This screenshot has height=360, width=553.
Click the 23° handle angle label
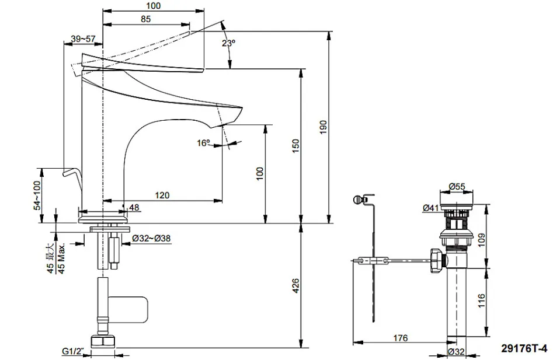click(x=228, y=43)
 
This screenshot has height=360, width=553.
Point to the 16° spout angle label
click(x=203, y=143)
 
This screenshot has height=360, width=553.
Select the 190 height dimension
click(x=324, y=127)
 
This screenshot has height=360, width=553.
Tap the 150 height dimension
click(x=295, y=146)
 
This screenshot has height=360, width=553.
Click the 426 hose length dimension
click(x=295, y=286)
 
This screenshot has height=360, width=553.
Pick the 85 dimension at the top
click(x=145, y=19)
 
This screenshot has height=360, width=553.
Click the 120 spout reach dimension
click(x=162, y=195)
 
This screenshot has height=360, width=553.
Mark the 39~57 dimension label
click(x=83, y=39)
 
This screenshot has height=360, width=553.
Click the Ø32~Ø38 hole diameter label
click(x=151, y=239)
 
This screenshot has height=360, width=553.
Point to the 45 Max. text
click(x=61, y=258)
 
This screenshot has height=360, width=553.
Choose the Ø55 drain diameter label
click(x=457, y=186)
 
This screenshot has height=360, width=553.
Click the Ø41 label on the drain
click(x=431, y=208)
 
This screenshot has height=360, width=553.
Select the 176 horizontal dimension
click(x=400, y=338)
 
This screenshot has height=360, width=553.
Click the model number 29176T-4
click(x=524, y=348)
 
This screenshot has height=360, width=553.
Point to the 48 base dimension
click(x=134, y=208)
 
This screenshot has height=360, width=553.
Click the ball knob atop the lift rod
click(x=357, y=200)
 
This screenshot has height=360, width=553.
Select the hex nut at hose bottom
click(x=103, y=341)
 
